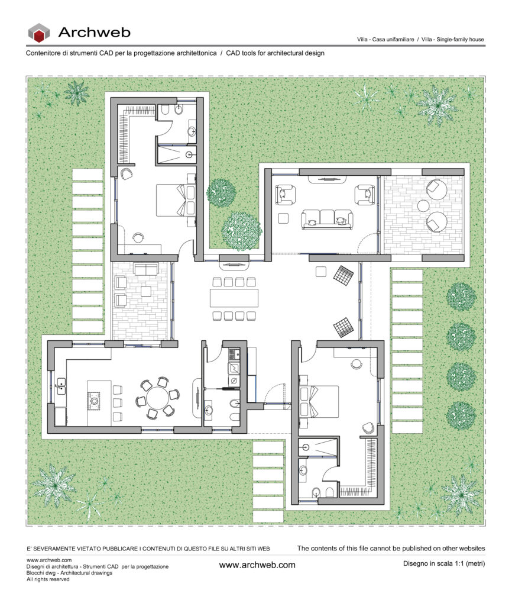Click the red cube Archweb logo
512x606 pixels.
click(x=38, y=33)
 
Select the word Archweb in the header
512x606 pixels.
click(x=94, y=33)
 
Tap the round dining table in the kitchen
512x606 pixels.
click(x=157, y=399)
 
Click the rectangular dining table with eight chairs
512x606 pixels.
click(x=234, y=298)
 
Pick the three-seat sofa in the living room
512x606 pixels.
click(x=327, y=220)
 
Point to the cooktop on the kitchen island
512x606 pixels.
click(x=94, y=401)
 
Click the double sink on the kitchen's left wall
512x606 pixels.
click(x=61, y=386)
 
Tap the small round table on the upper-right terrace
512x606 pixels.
click(x=423, y=205)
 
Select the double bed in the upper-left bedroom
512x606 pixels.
click(x=176, y=199)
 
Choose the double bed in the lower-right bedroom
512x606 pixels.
click(x=319, y=401)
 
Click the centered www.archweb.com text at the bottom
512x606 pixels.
click(x=257, y=565)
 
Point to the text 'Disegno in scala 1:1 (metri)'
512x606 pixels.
click(x=444, y=563)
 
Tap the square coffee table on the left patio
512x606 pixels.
click(x=145, y=291)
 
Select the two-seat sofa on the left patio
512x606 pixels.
click(x=146, y=269)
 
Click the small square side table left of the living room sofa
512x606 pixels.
click(x=283, y=218)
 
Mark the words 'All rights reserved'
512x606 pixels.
click(x=48, y=579)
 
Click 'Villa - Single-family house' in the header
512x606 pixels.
click(x=452, y=40)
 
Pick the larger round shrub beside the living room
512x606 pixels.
click(x=242, y=231)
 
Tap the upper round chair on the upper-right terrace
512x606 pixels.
click(x=436, y=189)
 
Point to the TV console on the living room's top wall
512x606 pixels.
click(x=327, y=179)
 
